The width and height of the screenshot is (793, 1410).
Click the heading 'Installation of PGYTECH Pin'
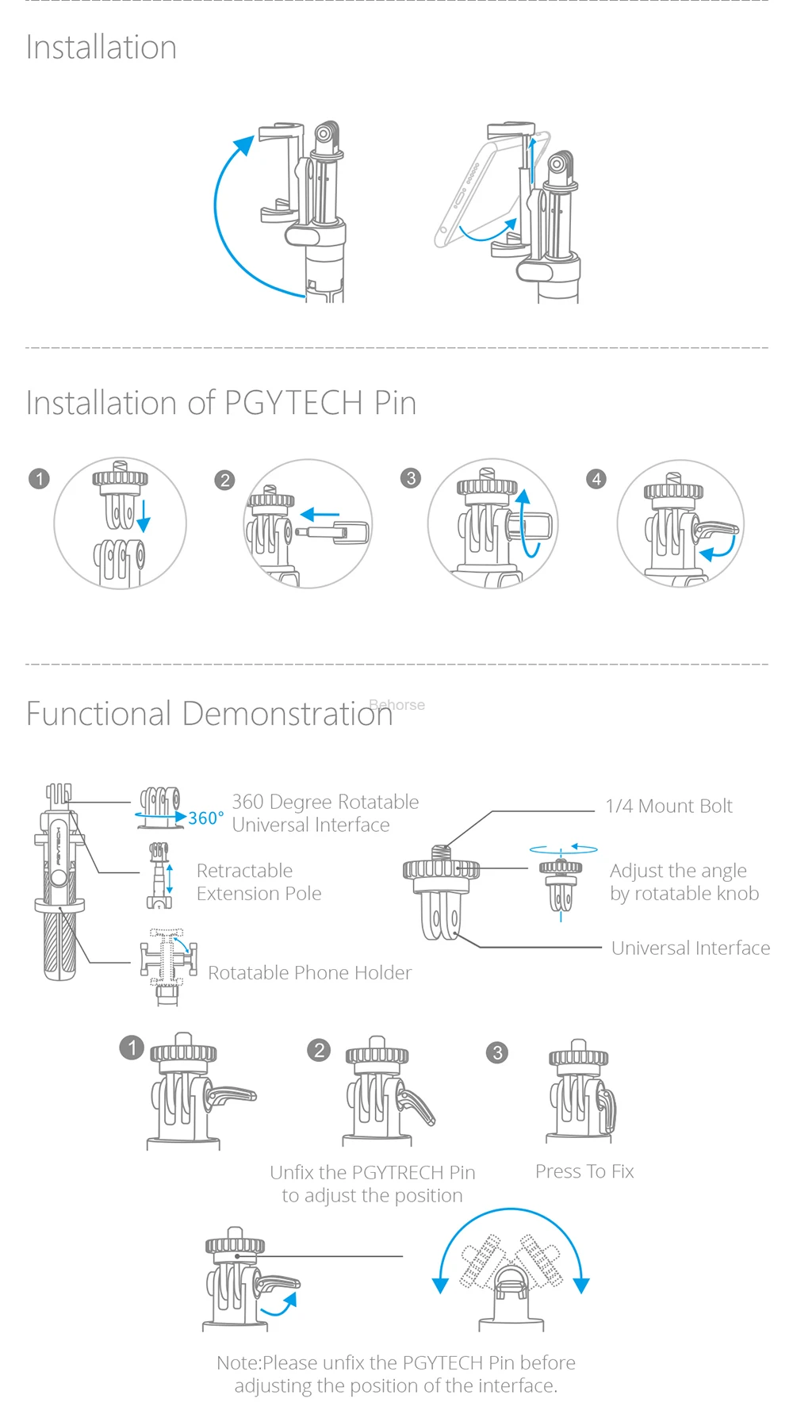[221, 403]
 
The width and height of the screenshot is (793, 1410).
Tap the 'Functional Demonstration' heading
[209, 714]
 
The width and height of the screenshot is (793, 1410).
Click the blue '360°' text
[206, 818]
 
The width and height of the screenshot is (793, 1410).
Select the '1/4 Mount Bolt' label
[668, 807]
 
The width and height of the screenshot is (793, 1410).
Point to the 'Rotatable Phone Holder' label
[310, 973]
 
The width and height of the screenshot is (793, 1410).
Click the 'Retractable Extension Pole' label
[259, 882]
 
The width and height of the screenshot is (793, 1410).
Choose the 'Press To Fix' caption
[584, 1171]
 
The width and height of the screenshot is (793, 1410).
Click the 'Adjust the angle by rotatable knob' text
[684, 882]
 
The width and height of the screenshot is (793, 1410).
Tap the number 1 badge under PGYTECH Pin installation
[39, 479]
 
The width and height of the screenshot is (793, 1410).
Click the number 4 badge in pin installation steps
[596, 479]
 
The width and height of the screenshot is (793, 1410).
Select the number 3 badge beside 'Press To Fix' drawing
[497, 1052]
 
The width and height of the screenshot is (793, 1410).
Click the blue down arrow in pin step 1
[144, 515]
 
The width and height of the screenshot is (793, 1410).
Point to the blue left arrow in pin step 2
[320, 514]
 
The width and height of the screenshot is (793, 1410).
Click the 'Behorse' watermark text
[397, 705]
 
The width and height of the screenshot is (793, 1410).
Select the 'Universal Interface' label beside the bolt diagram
[691, 948]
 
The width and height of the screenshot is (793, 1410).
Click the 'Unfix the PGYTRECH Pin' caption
[373, 1172]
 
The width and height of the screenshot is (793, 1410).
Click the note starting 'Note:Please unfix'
[396, 1374]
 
